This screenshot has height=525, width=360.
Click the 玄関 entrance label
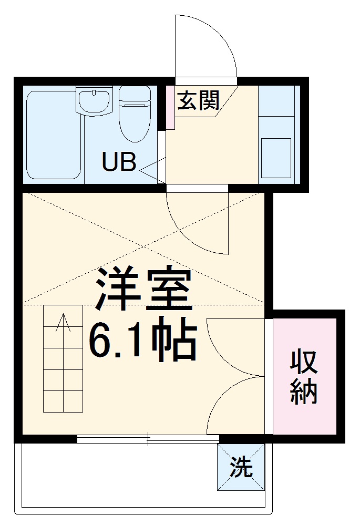click(198, 100)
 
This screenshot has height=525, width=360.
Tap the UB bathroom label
click(119, 162)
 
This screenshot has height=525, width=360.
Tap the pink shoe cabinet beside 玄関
click(170, 108)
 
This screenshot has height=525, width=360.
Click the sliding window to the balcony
click(148, 439)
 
